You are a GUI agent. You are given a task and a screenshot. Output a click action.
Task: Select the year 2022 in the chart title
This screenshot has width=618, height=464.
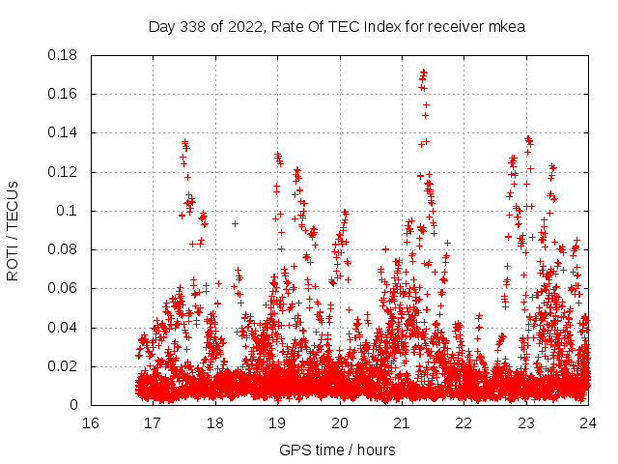click(241, 26)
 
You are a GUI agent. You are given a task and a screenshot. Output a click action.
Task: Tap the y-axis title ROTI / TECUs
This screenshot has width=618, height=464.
click(13, 230)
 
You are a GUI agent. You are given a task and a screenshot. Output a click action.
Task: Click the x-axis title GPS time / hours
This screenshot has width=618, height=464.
click(337, 449)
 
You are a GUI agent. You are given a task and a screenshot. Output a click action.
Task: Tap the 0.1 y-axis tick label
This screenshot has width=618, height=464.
click(70, 211)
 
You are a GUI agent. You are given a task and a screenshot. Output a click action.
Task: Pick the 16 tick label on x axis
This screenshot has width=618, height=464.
click(91, 422)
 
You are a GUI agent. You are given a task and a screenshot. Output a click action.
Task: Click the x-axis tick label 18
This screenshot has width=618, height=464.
click(215, 422)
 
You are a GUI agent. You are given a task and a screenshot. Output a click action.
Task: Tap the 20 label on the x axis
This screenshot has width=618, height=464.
click(339, 422)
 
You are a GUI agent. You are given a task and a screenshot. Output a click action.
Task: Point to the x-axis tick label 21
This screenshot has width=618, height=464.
click(402, 422)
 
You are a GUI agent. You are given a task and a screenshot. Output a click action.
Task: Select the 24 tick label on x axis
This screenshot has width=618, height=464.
click(587, 422)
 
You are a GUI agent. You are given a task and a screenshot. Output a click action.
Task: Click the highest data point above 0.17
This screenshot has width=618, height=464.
click(424, 72)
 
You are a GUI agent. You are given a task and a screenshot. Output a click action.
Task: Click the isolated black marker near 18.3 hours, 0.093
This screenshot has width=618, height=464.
click(235, 223)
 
